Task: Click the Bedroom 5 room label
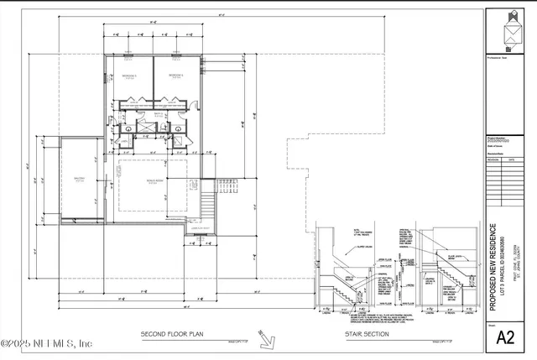point(129,76)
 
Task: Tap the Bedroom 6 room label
point(175,76)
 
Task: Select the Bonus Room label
point(154,180)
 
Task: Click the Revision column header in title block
point(494,159)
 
